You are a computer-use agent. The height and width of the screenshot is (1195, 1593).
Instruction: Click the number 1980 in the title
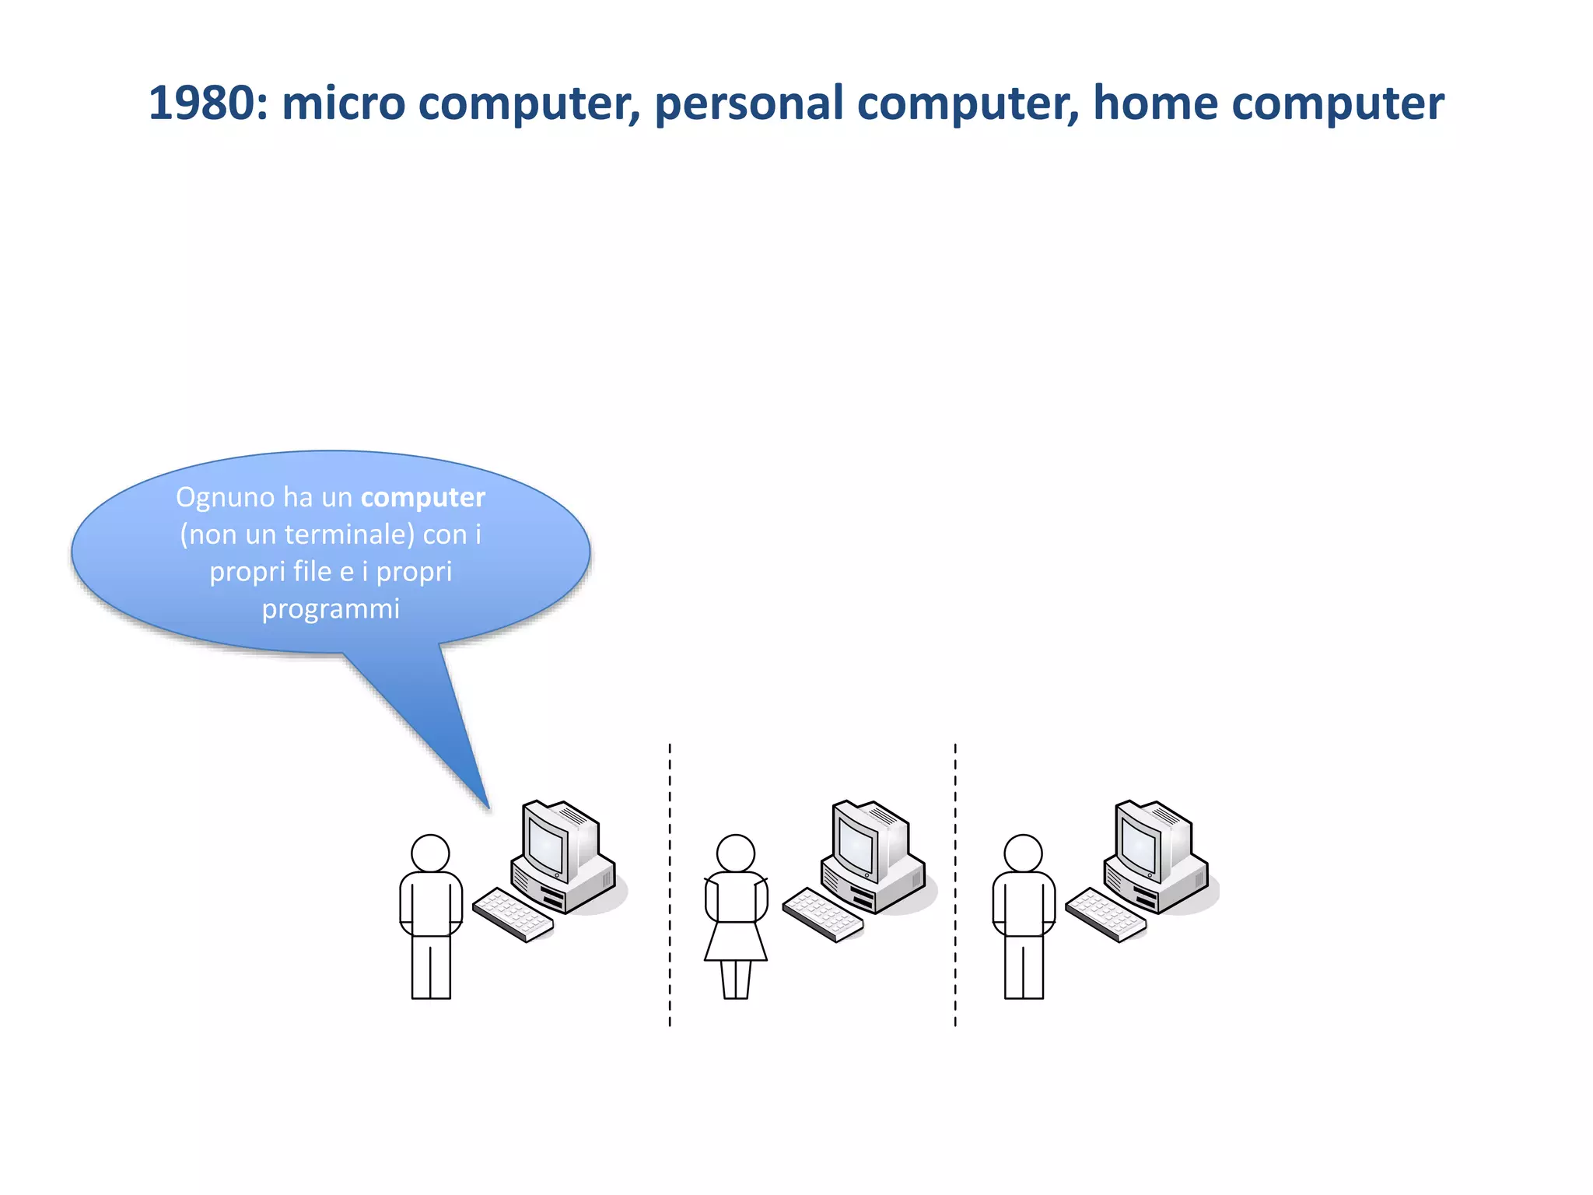[201, 103]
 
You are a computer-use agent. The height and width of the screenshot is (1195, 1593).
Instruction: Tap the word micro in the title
[343, 103]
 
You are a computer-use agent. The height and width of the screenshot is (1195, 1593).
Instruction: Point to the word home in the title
[1154, 103]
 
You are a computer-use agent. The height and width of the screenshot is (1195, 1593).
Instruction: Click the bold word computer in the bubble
[422, 497]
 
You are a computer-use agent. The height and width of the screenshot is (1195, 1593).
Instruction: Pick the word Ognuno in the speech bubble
[226, 498]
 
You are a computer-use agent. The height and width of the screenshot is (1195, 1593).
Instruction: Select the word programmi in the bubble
[331, 608]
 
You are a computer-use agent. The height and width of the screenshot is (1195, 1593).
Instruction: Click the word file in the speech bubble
[313, 572]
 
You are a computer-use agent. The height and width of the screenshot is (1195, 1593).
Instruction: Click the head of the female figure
[735, 853]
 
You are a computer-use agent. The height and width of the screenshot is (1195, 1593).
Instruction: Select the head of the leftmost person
[430, 853]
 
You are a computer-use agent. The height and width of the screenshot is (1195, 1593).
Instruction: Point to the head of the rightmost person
[1023, 853]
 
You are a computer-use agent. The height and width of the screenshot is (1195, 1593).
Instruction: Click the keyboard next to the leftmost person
[513, 914]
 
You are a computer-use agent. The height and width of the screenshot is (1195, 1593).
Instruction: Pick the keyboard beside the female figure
[822, 914]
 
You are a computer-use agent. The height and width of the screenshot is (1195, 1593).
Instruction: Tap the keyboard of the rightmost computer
[1105, 914]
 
